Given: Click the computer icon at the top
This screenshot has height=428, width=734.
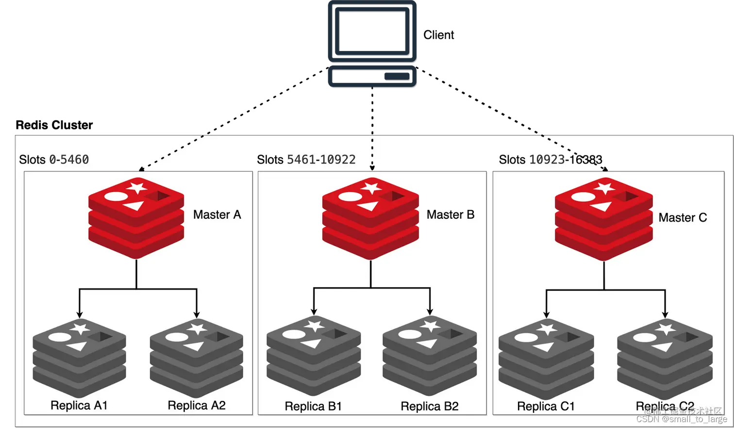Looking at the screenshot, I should pyautogui.click(x=372, y=45).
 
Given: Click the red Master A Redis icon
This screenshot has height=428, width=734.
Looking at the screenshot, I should pyautogui.click(x=136, y=217).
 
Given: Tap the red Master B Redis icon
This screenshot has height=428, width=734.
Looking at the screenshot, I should pyautogui.click(x=370, y=218).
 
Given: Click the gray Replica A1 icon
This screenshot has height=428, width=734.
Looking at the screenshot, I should pyautogui.click(x=80, y=358).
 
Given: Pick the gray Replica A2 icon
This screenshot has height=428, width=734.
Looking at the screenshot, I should pyautogui.click(x=197, y=358).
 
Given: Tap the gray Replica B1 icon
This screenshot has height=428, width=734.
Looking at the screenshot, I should pyautogui.click(x=314, y=356).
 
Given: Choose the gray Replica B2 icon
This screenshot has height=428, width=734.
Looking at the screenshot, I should pyautogui.click(x=430, y=356).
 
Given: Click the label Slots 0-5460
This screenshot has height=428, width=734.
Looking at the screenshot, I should pyautogui.click(x=54, y=160).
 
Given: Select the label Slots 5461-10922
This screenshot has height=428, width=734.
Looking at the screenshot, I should pyautogui.click(x=306, y=160).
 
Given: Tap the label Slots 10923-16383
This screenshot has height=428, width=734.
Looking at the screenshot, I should pyautogui.click(x=550, y=160).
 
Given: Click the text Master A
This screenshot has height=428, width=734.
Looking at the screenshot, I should pyautogui.click(x=217, y=214).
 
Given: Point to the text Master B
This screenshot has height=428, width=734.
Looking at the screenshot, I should pyautogui.click(x=450, y=214).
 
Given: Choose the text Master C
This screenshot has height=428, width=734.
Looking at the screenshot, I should pyautogui.click(x=683, y=217).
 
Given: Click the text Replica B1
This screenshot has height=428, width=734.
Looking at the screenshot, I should pyautogui.click(x=313, y=406).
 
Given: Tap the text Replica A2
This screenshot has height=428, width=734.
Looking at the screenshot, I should pyautogui.click(x=197, y=405).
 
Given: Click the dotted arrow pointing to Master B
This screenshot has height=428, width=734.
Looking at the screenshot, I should pyautogui.click(x=372, y=151).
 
